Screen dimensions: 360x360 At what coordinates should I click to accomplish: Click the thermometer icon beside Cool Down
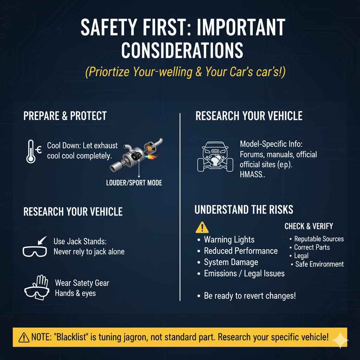pos(31,151)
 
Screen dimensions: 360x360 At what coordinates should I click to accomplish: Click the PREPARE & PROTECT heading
pos(65,116)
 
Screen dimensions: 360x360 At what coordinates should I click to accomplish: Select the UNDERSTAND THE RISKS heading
pos(244,210)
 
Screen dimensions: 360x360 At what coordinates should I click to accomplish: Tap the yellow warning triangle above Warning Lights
pos(202,227)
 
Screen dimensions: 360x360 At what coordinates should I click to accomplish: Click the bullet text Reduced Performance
pos(240,251)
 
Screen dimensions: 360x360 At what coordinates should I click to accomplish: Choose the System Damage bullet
pos(231,262)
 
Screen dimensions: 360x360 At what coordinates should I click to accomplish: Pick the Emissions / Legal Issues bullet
pos(244,274)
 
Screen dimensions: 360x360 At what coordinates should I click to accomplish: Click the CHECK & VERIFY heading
pos(308,226)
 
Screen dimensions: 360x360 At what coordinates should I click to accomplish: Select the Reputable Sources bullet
pos(319,239)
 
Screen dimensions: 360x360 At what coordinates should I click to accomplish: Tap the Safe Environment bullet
pos(319,264)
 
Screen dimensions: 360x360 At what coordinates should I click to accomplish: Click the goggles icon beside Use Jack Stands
pos(34,250)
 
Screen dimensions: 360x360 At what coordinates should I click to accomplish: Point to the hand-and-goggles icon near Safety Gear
pos(36,287)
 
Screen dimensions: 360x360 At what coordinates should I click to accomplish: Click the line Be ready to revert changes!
pos(250,296)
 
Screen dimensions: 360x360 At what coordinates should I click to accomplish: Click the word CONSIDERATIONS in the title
pos(182,50)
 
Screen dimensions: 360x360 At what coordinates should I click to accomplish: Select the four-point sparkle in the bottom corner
pos(340,340)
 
